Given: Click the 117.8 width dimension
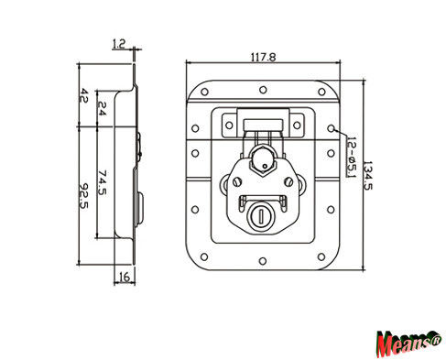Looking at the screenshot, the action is click(x=263, y=58).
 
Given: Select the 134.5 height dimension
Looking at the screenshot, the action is click(x=367, y=175).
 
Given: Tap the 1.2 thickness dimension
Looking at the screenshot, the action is click(x=119, y=44).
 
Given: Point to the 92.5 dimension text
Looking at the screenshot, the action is click(x=83, y=196).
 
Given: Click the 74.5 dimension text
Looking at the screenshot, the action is click(x=103, y=182).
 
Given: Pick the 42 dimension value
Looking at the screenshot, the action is click(x=83, y=95).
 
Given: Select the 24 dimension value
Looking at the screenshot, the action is click(x=102, y=108).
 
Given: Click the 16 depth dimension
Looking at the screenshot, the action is click(x=125, y=277).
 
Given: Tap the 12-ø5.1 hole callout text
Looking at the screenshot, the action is click(x=352, y=157).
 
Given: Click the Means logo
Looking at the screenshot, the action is click(x=408, y=344).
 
